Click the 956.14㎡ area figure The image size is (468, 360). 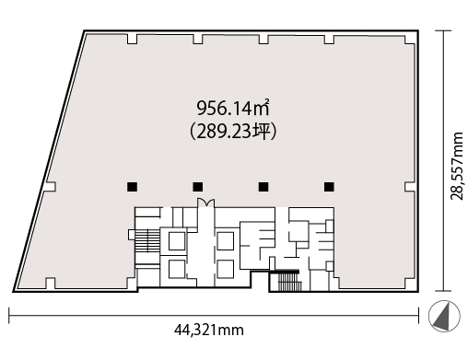click(x=233, y=108)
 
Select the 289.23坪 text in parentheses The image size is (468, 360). click(x=233, y=132)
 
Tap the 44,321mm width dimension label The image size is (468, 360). click(x=209, y=331)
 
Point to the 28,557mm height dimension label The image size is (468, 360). click(x=457, y=166)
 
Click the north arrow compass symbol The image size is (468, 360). click(x=444, y=316)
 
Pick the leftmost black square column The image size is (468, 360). click(x=133, y=187)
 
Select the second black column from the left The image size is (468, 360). click(x=198, y=187)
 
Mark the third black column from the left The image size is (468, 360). click(x=263, y=187)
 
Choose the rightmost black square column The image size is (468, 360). click(x=329, y=187)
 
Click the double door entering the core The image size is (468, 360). click(x=205, y=203)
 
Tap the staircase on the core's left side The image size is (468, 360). click(x=147, y=241)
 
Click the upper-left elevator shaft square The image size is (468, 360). click(x=177, y=241)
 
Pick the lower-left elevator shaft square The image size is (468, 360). click(x=177, y=269)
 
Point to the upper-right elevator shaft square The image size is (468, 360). click(x=226, y=241)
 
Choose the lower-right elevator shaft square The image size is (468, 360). click(x=226, y=269)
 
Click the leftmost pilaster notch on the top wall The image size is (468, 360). click(x=132, y=39)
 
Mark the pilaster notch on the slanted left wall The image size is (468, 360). click(x=51, y=187)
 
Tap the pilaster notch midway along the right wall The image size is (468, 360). click(x=410, y=187)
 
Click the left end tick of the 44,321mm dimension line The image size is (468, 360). click(x=9, y=315)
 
